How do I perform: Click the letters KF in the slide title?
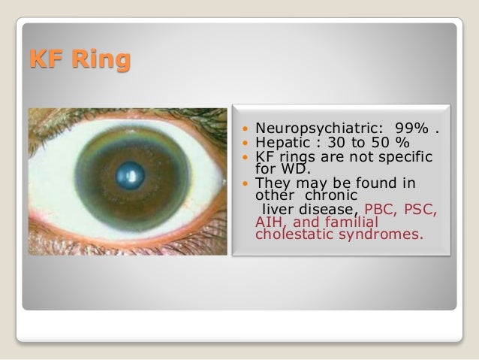click(x=47, y=59)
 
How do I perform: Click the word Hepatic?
click(x=281, y=143)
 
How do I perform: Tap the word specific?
click(x=402, y=156)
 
